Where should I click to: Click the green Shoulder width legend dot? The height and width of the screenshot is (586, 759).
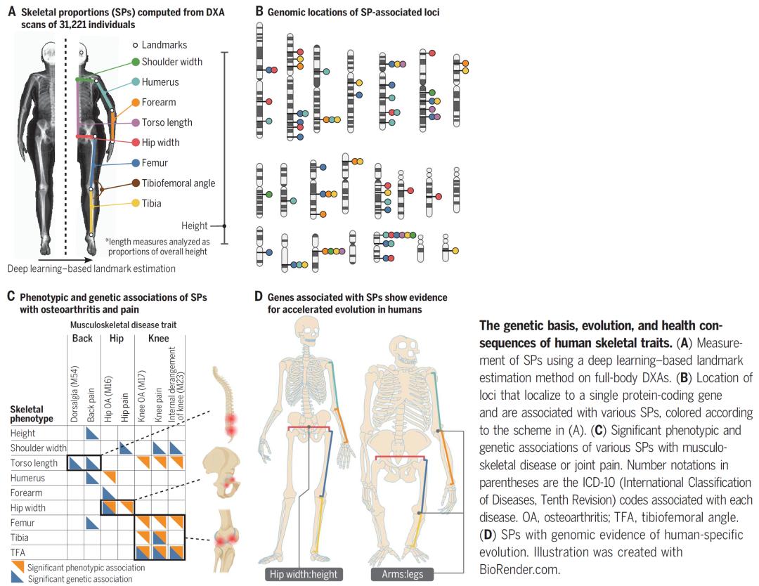[136, 62]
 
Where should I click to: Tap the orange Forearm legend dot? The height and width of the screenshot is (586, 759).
[136, 102]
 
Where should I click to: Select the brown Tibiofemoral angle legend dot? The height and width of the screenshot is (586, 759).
[136, 183]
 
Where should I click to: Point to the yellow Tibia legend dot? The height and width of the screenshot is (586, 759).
[136, 204]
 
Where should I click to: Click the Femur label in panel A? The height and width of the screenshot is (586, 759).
[155, 163]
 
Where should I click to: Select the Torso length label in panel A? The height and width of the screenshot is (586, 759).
[167, 122]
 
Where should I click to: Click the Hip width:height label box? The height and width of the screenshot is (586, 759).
[302, 574]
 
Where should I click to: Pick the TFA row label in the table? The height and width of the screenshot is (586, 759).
[19, 552]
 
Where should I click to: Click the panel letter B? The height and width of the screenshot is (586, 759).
[259, 11]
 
